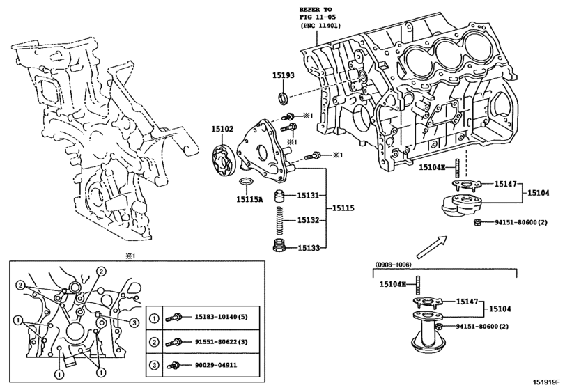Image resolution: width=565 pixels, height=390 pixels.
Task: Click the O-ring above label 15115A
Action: [x=246, y=182]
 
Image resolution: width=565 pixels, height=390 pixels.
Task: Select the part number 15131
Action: [x=308, y=196]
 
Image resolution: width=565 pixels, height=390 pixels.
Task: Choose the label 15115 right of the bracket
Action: [x=343, y=208]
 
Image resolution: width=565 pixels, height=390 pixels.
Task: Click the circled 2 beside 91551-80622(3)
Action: [x=154, y=341]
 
